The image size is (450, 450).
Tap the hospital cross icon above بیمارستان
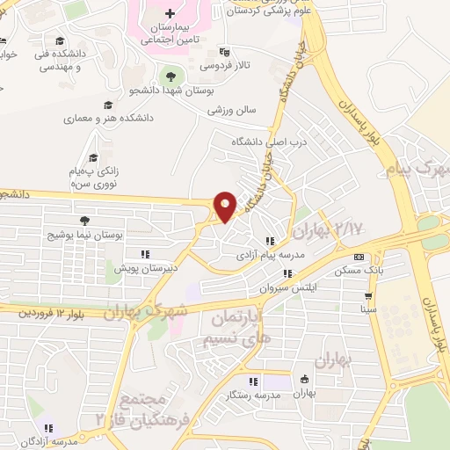tap(170, 15)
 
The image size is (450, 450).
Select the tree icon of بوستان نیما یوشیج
tap(84, 221)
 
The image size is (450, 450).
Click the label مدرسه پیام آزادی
tap(266, 254)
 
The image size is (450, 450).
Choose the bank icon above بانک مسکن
tap(358, 256)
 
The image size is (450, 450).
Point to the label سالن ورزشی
tap(231, 111)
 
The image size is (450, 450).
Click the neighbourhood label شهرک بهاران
tap(145, 309)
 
